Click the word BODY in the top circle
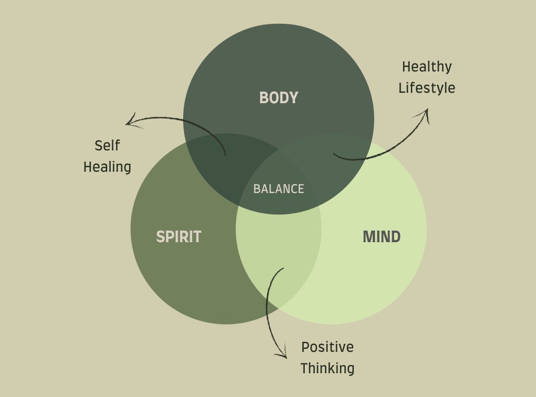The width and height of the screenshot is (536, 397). [x=278, y=98]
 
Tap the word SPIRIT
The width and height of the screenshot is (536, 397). [x=179, y=237]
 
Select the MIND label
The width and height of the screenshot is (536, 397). [x=381, y=237]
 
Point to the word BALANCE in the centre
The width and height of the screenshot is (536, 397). [x=278, y=189]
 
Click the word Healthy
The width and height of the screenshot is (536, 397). [x=427, y=66]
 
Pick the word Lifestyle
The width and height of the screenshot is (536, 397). [x=427, y=88]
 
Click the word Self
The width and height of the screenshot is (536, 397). [x=107, y=146]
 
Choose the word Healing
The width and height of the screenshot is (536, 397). [x=107, y=167]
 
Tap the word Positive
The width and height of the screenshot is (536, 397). [x=328, y=347]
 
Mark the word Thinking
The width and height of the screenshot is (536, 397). [x=328, y=368]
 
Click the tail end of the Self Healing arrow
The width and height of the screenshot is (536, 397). [x=225, y=155]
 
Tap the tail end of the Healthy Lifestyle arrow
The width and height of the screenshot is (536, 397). [x=334, y=154]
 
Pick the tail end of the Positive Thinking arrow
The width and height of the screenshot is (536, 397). [x=283, y=268]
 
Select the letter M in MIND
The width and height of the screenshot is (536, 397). [x=369, y=237]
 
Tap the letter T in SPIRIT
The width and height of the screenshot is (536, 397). [x=198, y=237]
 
